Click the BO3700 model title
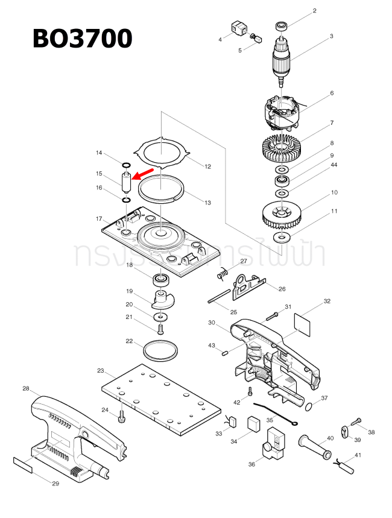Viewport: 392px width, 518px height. tap(82, 39)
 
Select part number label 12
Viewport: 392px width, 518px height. tap(207, 166)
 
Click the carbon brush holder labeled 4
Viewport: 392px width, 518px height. tap(238, 28)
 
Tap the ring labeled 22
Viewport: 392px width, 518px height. tap(161, 349)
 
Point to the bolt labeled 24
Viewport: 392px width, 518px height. tap(122, 416)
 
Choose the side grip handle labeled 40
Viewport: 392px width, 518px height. tap(314, 447)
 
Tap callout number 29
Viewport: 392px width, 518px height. tap(55, 484)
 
